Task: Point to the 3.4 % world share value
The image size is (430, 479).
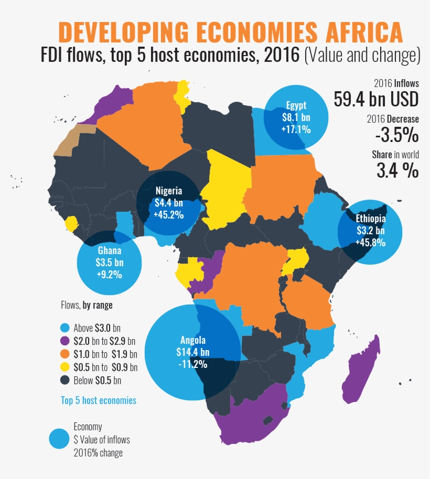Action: (397, 170)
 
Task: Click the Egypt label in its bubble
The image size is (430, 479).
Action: (296, 104)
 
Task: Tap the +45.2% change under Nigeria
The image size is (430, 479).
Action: (168, 214)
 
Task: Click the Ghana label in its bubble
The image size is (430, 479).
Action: (109, 250)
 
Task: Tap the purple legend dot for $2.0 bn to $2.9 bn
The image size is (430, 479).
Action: (65, 341)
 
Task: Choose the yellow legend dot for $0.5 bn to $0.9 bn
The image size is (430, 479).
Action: (65, 367)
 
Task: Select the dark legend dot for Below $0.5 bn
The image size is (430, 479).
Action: (65, 380)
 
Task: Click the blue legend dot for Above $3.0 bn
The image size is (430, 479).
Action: (65, 328)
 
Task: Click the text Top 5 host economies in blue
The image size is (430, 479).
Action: (99, 400)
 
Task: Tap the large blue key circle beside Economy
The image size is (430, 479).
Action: (59, 439)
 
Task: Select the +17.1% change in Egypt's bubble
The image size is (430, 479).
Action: (296, 128)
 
